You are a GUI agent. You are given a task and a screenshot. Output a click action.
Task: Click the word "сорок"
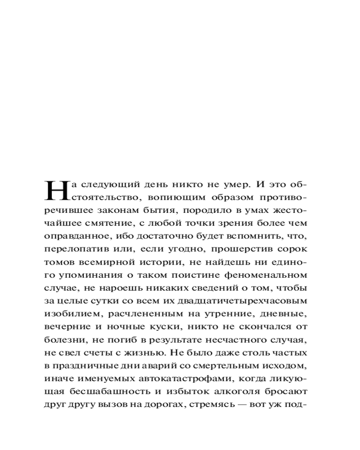click(295, 249)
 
